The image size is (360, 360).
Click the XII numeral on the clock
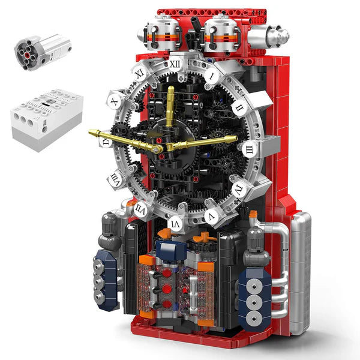pyautogui.click(x=175, y=62)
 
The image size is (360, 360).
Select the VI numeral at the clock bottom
pyautogui.click(x=178, y=224)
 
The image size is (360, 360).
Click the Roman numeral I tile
pyautogui.click(x=212, y=76)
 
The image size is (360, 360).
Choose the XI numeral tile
pyautogui.click(x=139, y=73)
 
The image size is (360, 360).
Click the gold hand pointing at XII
pyautogui.click(x=170, y=108)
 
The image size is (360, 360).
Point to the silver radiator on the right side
pyautogui.click(x=300, y=270)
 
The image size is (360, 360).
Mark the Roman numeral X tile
pyautogui.click(x=115, y=102)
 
